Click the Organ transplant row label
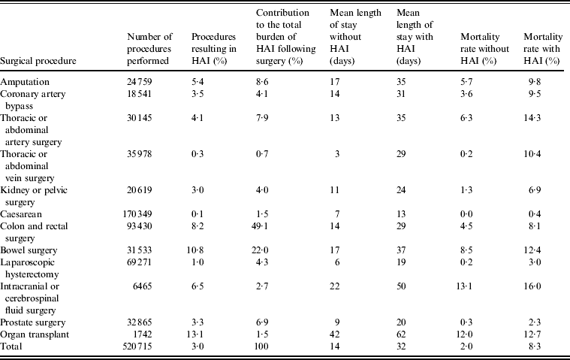[32, 332]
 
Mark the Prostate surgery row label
[32, 320]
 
